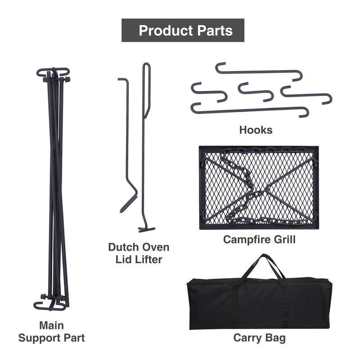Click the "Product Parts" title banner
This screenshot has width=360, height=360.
[183, 30]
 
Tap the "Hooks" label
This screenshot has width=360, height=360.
[256, 130]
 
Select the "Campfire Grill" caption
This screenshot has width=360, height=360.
[259, 239]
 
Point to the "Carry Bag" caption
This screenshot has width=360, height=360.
[259, 338]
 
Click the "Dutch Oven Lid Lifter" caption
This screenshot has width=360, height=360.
[139, 253]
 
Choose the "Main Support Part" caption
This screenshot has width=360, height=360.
[51, 331]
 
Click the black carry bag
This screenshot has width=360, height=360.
[259, 304]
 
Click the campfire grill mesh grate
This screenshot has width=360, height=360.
[259, 187]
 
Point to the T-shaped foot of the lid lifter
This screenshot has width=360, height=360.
[146, 229]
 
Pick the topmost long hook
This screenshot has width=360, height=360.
[256, 71]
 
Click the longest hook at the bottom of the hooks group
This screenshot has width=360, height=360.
[250, 109]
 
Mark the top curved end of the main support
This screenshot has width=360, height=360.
[53, 72]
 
